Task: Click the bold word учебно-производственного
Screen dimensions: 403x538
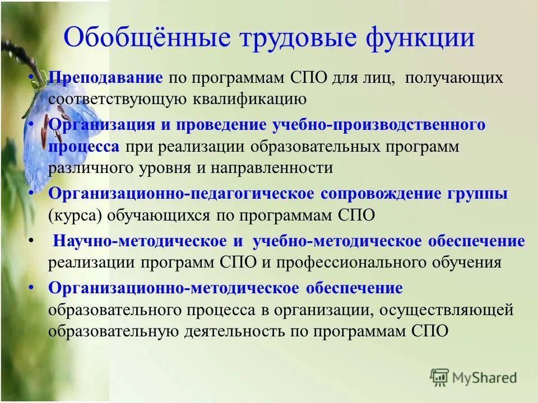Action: coord(379,124)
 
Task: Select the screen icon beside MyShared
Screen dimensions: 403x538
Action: coord(439,377)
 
